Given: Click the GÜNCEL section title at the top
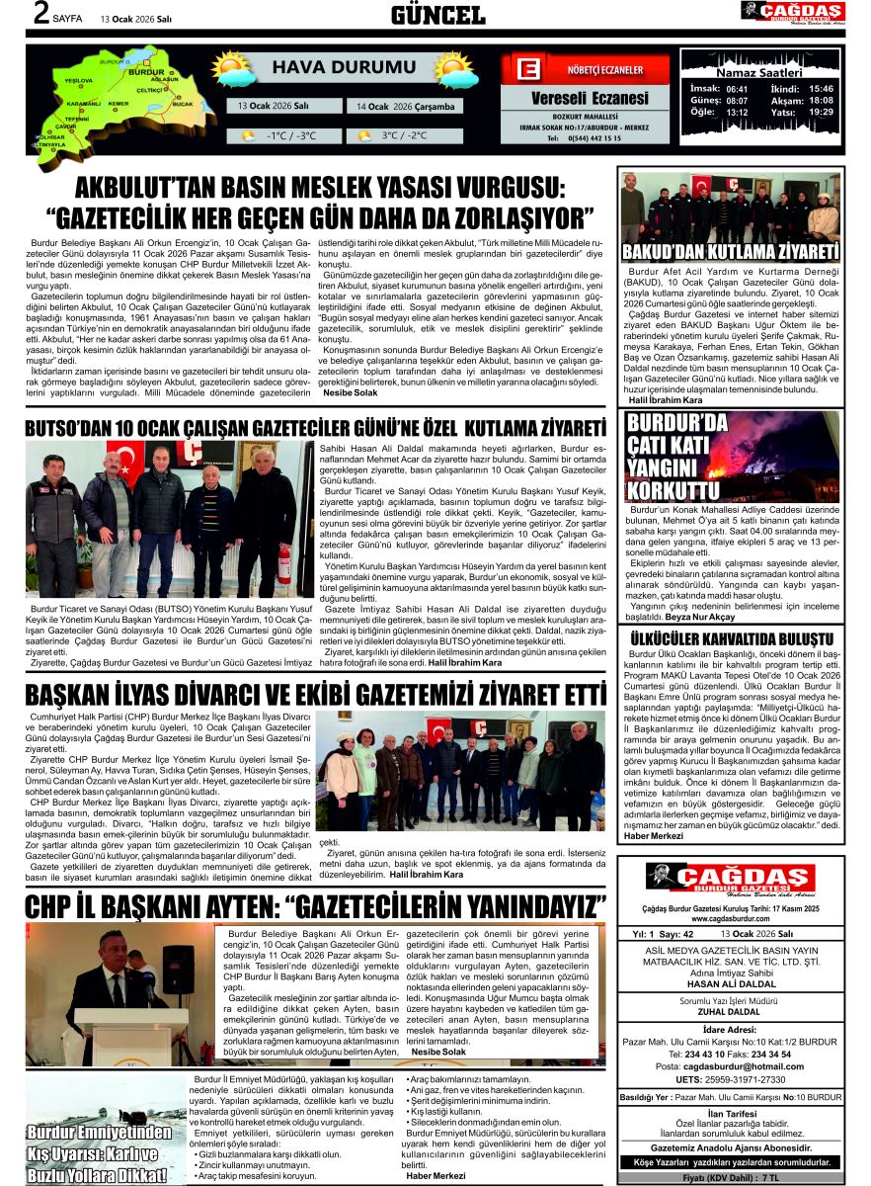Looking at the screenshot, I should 437,15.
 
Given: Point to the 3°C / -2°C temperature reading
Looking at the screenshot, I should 404,135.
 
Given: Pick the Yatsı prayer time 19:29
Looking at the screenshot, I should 821,112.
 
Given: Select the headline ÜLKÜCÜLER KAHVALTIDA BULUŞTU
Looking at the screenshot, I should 730,639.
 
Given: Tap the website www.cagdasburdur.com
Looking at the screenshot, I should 730,917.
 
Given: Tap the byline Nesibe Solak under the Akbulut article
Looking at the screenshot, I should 352,392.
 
